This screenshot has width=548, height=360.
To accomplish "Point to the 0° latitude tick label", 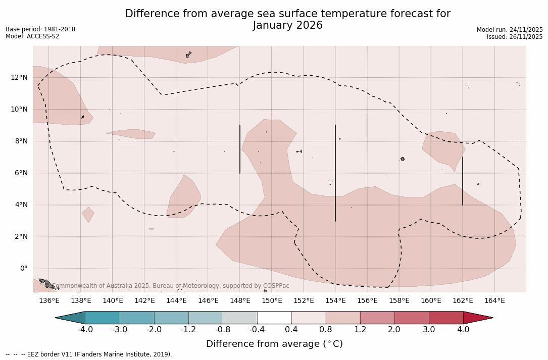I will click(x=23, y=269).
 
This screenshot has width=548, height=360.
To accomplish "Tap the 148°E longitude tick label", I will click(x=240, y=300).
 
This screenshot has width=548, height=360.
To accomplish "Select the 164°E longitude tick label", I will click(x=494, y=300).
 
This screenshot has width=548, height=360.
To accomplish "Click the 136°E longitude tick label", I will click(x=49, y=300).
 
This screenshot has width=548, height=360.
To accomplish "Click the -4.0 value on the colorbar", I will click(x=85, y=330).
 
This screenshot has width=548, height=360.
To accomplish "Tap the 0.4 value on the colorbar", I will click(x=291, y=330).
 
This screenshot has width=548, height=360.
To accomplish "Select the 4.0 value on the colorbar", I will click(x=463, y=330).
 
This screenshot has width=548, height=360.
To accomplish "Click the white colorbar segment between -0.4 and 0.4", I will click(x=274, y=318).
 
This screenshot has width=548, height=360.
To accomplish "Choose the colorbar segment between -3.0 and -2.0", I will click(x=137, y=318).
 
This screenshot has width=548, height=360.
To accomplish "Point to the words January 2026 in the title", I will click(x=288, y=25).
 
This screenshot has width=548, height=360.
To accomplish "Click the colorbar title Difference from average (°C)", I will click(x=274, y=344).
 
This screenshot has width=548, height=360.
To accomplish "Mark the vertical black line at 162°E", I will click(x=463, y=181).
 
